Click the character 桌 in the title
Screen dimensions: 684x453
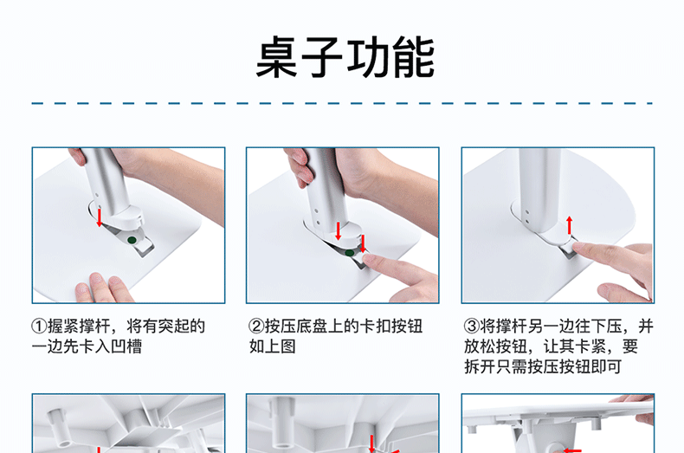[277, 57]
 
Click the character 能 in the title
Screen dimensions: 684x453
[413, 57]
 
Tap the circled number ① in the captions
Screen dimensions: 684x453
[39, 327]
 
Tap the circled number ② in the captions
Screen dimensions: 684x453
[256, 327]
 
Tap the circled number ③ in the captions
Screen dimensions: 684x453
[472, 327]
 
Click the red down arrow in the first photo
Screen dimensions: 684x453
[100, 217]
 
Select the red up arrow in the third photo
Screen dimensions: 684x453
[569, 225]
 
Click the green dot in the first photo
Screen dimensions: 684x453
[132, 240]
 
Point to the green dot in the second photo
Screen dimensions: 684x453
[349, 253]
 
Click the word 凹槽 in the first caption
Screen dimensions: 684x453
[126, 346]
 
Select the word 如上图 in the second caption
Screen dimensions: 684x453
[273, 346]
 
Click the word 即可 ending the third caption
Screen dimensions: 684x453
[606, 366]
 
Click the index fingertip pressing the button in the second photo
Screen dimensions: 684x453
[371, 261]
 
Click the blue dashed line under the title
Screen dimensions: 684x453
[342, 103]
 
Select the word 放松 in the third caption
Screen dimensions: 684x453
[480, 346]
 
